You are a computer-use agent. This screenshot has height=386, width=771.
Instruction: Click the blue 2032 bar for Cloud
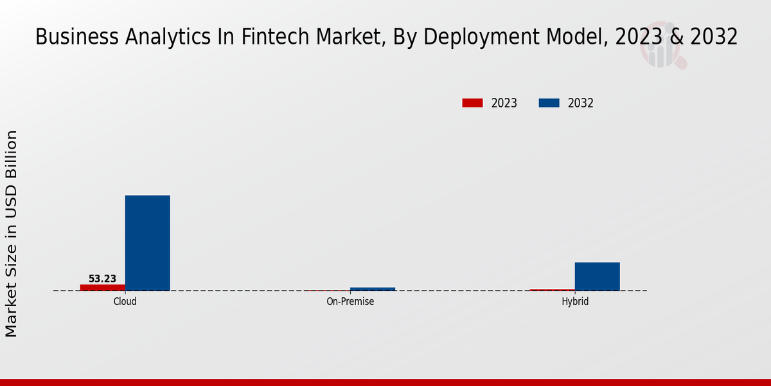[147, 243]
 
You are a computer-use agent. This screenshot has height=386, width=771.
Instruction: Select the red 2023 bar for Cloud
[102, 287]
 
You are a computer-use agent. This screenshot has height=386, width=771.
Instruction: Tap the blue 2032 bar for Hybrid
[597, 276]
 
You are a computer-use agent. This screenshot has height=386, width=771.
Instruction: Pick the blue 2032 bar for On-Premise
[372, 289]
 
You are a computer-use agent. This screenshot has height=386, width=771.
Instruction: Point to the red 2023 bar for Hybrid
[552, 289]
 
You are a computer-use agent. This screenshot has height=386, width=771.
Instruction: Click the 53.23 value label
[102, 279]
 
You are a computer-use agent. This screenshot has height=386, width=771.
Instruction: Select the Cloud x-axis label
[125, 301]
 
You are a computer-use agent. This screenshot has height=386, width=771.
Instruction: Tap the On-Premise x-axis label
[350, 301]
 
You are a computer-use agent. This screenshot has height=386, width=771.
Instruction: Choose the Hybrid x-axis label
[574, 301]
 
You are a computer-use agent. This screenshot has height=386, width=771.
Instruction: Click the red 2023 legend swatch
[472, 103]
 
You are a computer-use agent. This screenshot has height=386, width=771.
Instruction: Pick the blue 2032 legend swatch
[549, 103]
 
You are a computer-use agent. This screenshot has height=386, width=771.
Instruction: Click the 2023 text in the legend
[504, 103]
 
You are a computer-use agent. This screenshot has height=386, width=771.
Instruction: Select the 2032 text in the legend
[580, 103]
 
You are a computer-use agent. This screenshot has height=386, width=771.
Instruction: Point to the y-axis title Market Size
[12, 234]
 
